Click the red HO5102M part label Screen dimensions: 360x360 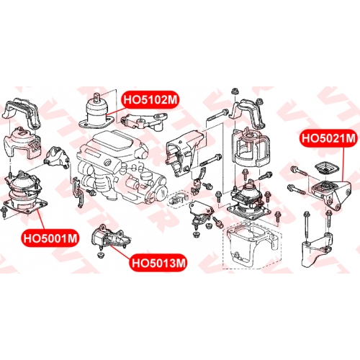[x=150, y=99]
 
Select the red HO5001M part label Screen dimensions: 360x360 [x=50, y=238]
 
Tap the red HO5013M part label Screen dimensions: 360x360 [x=158, y=263]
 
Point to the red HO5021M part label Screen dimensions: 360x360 [x=328, y=138]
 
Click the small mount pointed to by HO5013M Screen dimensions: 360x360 [x=109, y=236]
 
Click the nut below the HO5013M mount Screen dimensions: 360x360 [x=100, y=255]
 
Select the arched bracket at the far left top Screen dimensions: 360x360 [x=22, y=113]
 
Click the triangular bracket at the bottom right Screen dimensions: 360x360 [x=317, y=250]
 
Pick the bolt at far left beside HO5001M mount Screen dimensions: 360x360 [x=4, y=213]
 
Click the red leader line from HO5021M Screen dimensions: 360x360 [x=343, y=164]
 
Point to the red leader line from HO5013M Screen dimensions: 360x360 [x=121, y=251]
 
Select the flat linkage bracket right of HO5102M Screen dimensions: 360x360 [x=144, y=122]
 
